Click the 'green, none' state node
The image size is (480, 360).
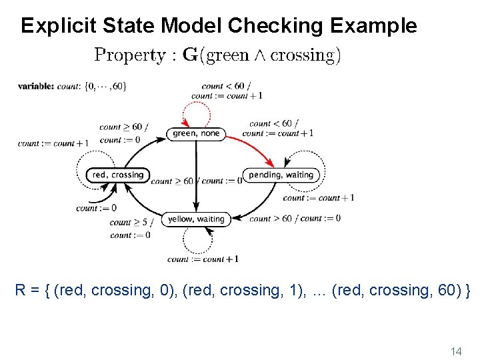[196, 133]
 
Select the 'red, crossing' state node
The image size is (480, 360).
[118, 175]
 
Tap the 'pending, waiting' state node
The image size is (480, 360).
[281, 175]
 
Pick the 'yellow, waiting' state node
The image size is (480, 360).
[196, 219]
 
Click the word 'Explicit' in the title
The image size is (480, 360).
[59, 25]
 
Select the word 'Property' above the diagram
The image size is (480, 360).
[131, 55]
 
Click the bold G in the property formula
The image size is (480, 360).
[190, 55]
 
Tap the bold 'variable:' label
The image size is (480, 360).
[36, 86]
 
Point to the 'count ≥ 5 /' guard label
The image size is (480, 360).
[131, 223]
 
